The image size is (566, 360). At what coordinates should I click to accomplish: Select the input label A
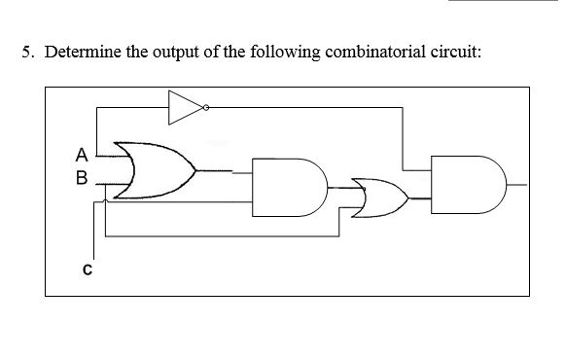[82, 153]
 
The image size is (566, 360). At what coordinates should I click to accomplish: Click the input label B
[82, 178]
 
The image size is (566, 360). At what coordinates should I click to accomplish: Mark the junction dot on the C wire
[106, 202]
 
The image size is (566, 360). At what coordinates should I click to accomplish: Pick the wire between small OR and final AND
[422, 197]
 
